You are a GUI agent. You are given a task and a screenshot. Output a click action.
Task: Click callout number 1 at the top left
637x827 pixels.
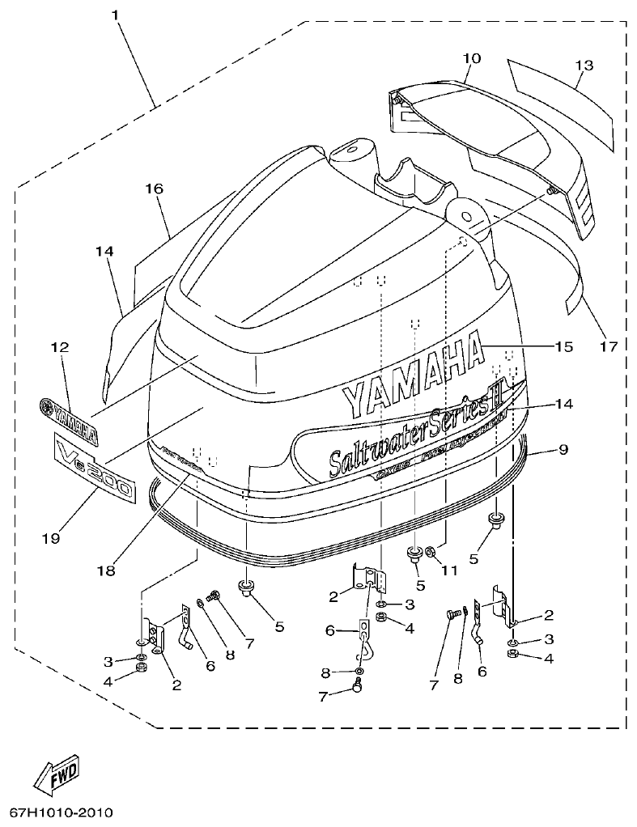[x=116, y=15]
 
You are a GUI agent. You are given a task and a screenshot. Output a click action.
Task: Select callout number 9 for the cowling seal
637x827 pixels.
[x=563, y=447]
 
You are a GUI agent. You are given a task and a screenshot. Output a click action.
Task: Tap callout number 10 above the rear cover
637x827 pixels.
[x=471, y=58]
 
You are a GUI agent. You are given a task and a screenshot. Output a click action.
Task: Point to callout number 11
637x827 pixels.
[x=449, y=570]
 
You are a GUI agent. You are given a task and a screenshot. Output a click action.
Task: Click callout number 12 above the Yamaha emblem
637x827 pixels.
[x=60, y=347]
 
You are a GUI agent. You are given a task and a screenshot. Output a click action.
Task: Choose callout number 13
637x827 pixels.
[x=584, y=65]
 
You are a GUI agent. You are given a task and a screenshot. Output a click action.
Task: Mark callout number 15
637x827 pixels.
[x=563, y=346]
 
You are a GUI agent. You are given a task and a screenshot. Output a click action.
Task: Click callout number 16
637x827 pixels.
[x=154, y=189]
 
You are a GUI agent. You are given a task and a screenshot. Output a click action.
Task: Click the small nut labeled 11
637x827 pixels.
[x=431, y=553]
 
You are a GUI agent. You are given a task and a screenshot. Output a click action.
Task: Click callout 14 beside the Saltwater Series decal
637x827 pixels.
[x=563, y=402]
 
